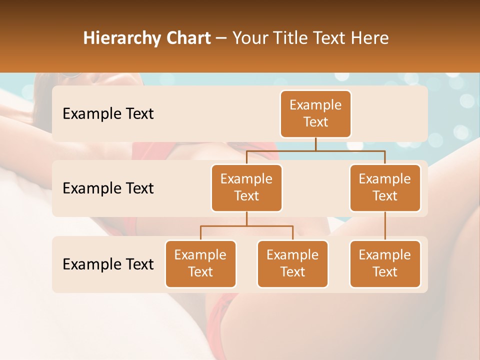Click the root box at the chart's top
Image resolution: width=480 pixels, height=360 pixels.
(315, 114)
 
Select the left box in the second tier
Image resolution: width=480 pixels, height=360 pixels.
(246, 188)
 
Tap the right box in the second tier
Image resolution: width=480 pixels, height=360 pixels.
(385, 188)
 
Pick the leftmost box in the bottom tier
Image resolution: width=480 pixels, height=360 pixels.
(200, 264)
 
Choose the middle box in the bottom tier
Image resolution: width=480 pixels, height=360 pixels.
(292, 264)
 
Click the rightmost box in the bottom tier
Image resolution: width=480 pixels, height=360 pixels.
(385, 264)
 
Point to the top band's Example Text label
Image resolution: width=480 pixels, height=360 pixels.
(108, 114)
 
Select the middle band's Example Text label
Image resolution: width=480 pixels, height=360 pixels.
(108, 188)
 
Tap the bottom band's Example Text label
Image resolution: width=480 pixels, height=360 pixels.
(108, 264)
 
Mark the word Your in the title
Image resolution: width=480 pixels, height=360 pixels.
(250, 38)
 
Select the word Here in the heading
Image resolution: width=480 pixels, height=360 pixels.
(370, 38)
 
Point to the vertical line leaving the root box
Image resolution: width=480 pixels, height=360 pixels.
(315, 144)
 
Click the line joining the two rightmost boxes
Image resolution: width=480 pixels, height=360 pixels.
(385, 226)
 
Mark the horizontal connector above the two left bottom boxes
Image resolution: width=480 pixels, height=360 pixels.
(246, 226)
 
